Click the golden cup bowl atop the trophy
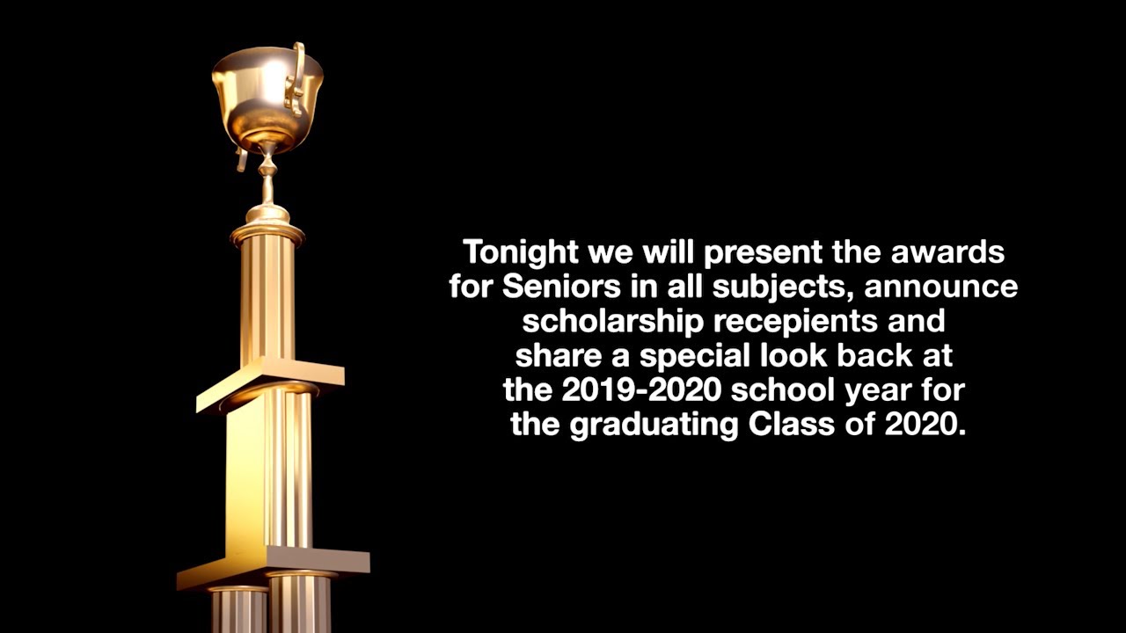click(267, 92)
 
